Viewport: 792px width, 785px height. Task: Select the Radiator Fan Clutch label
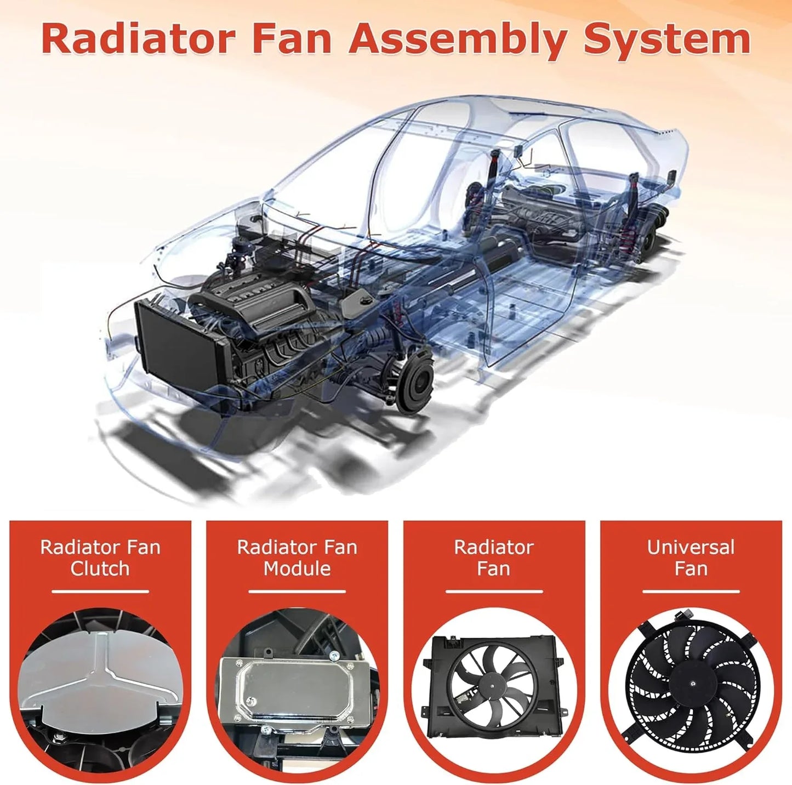tap(100, 558)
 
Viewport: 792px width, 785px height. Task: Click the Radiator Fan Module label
tap(297, 558)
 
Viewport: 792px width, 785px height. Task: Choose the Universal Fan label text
tap(691, 558)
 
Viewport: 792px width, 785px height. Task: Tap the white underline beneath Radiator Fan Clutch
tap(100, 591)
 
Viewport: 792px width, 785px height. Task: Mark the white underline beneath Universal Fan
tap(691, 591)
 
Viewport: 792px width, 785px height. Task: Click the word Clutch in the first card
tap(100, 568)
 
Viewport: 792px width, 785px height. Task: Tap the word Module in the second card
tap(297, 568)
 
